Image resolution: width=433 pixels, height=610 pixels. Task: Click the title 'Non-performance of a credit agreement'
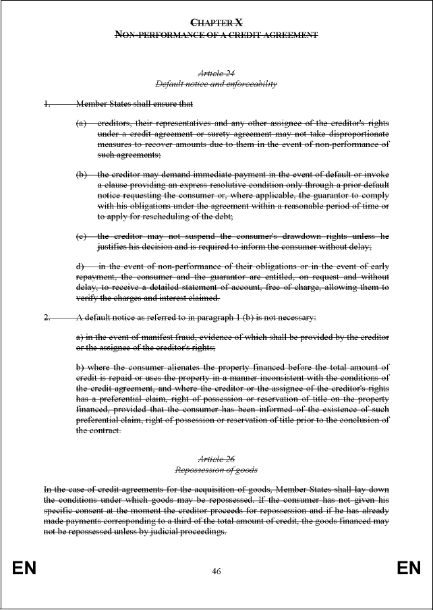point(216,34)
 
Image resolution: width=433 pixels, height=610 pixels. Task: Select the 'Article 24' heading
point(216,73)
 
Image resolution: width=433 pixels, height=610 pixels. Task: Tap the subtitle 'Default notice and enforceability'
point(216,84)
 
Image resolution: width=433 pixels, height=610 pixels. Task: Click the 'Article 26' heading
point(216,458)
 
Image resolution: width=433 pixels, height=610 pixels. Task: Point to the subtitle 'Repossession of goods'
point(216,469)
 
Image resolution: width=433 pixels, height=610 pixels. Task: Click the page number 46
point(216,572)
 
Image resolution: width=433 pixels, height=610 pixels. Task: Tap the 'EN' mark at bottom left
point(24,569)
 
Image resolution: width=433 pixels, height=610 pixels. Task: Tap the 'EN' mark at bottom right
point(409,569)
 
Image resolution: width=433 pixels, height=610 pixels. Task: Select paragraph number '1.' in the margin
point(47,105)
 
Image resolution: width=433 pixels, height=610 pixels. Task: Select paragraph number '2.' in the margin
point(47,317)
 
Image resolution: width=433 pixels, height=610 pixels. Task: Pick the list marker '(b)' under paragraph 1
point(82,175)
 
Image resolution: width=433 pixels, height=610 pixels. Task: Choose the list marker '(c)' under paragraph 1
point(82,236)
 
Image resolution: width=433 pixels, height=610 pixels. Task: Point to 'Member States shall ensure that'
point(135,105)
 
